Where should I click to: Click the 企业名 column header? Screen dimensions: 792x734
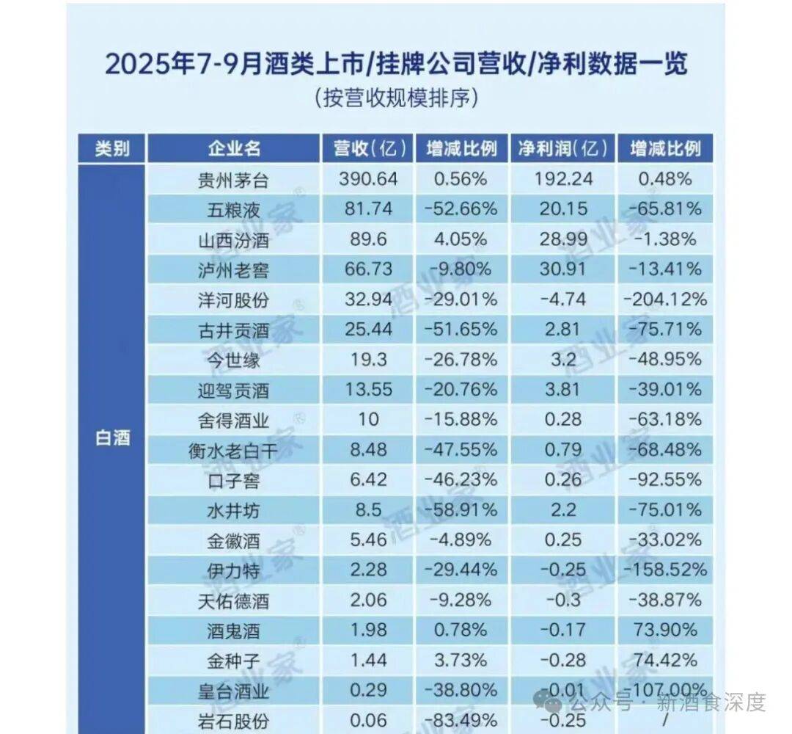tap(234, 148)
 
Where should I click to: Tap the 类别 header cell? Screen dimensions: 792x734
tap(112, 148)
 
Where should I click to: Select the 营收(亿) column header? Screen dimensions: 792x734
tap(369, 148)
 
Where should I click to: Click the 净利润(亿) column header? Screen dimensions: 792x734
tap(563, 148)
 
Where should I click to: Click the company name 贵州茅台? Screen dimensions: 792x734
tap(233, 179)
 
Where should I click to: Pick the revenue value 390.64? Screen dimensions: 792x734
tap(368, 178)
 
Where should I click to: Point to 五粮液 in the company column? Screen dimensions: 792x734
tap(233, 210)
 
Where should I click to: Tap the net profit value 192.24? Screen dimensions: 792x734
tap(563, 178)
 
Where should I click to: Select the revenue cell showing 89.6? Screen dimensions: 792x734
tap(368, 239)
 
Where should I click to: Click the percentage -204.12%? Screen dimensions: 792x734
tap(664, 299)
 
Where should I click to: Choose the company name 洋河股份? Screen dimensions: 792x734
tap(233, 300)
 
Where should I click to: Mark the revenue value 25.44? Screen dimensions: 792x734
tap(368, 329)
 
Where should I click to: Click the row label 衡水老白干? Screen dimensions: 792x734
tap(233, 451)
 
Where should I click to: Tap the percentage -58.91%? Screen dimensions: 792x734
tap(461, 509)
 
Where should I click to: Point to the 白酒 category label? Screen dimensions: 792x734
tap(112, 437)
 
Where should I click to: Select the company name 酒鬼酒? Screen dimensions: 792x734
tap(233, 631)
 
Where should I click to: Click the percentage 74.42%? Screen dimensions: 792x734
tap(664, 660)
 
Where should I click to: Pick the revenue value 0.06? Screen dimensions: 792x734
tap(368, 720)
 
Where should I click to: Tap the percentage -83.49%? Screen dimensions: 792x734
tap(461, 720)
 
